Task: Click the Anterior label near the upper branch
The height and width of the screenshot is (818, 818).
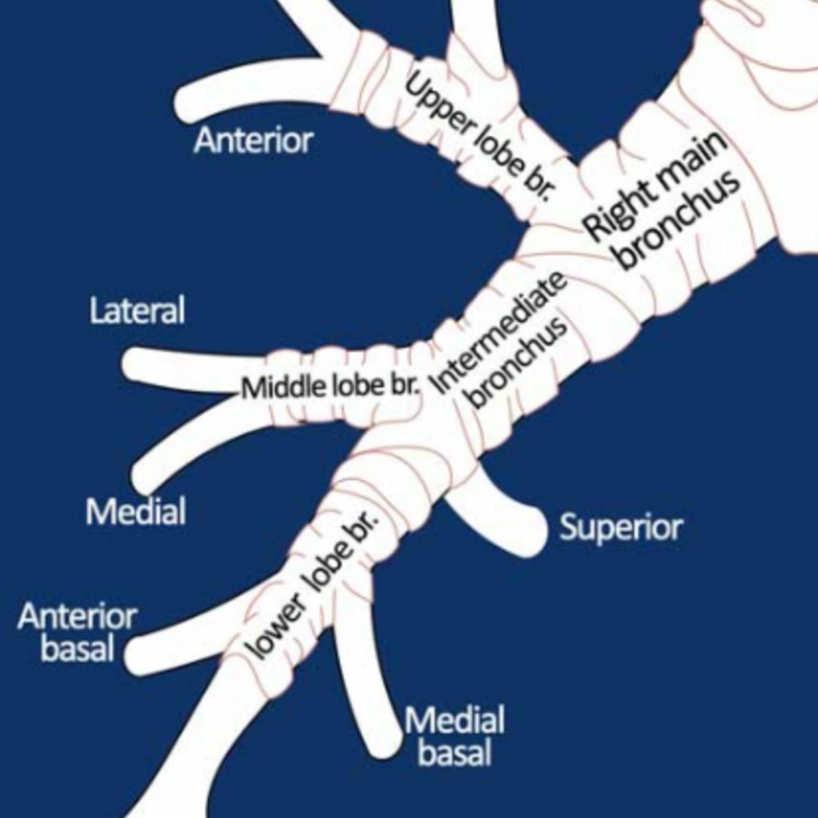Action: [253, 140]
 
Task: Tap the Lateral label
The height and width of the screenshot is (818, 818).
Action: [137, 310]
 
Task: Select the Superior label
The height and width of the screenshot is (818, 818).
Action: [620, 527]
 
